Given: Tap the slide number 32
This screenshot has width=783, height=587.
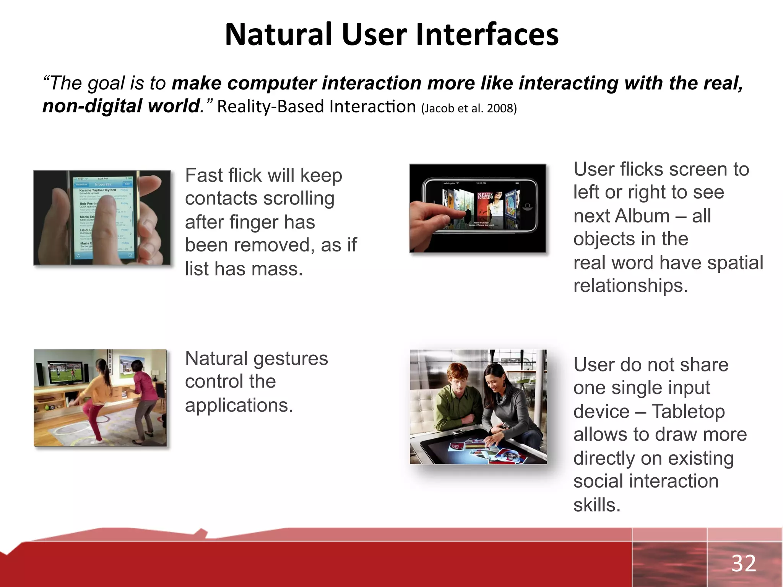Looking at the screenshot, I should [x=744, y=563].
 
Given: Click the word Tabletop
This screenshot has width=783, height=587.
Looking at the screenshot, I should [x=688, y=412].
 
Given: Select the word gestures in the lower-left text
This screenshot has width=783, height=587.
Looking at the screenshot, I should [x=291, y=359].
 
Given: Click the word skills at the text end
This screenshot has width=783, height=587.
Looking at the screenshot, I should [x=596, y=505].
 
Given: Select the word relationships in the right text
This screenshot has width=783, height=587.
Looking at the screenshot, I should [x=630, y=286].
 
